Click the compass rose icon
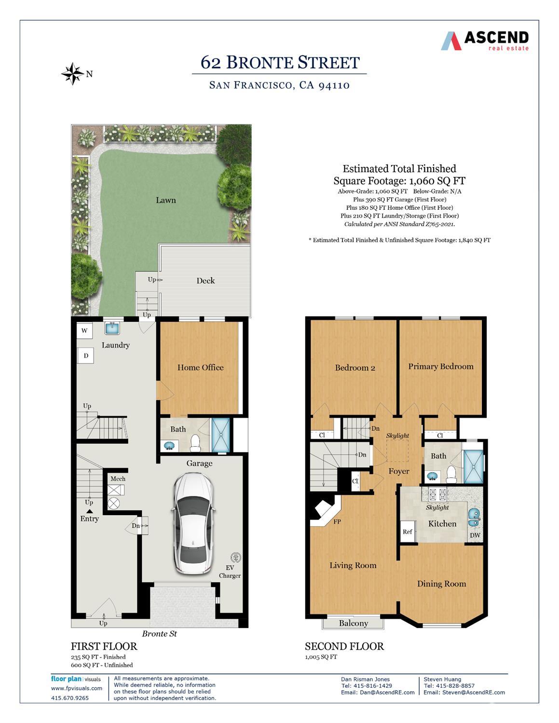tap(73, 74)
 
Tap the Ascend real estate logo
tap(485, 41)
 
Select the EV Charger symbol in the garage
tap(236, 558)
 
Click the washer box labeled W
tap(84, 331)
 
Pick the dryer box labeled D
tap(86, 356)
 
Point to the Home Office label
tap(200, 368)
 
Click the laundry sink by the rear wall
tap(112, 327)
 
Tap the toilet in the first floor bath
tap(195, 442)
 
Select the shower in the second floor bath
tap(473, 466)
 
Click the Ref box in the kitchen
tap(408, 532)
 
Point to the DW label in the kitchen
tap(475, 535)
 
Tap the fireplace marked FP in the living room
tap(325, 512)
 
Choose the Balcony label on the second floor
tap(353, 623)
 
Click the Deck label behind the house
tap(205, 281)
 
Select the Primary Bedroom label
tap(440, 367)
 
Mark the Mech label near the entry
tap(118, 479)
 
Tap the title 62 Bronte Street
tap(280, 63)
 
